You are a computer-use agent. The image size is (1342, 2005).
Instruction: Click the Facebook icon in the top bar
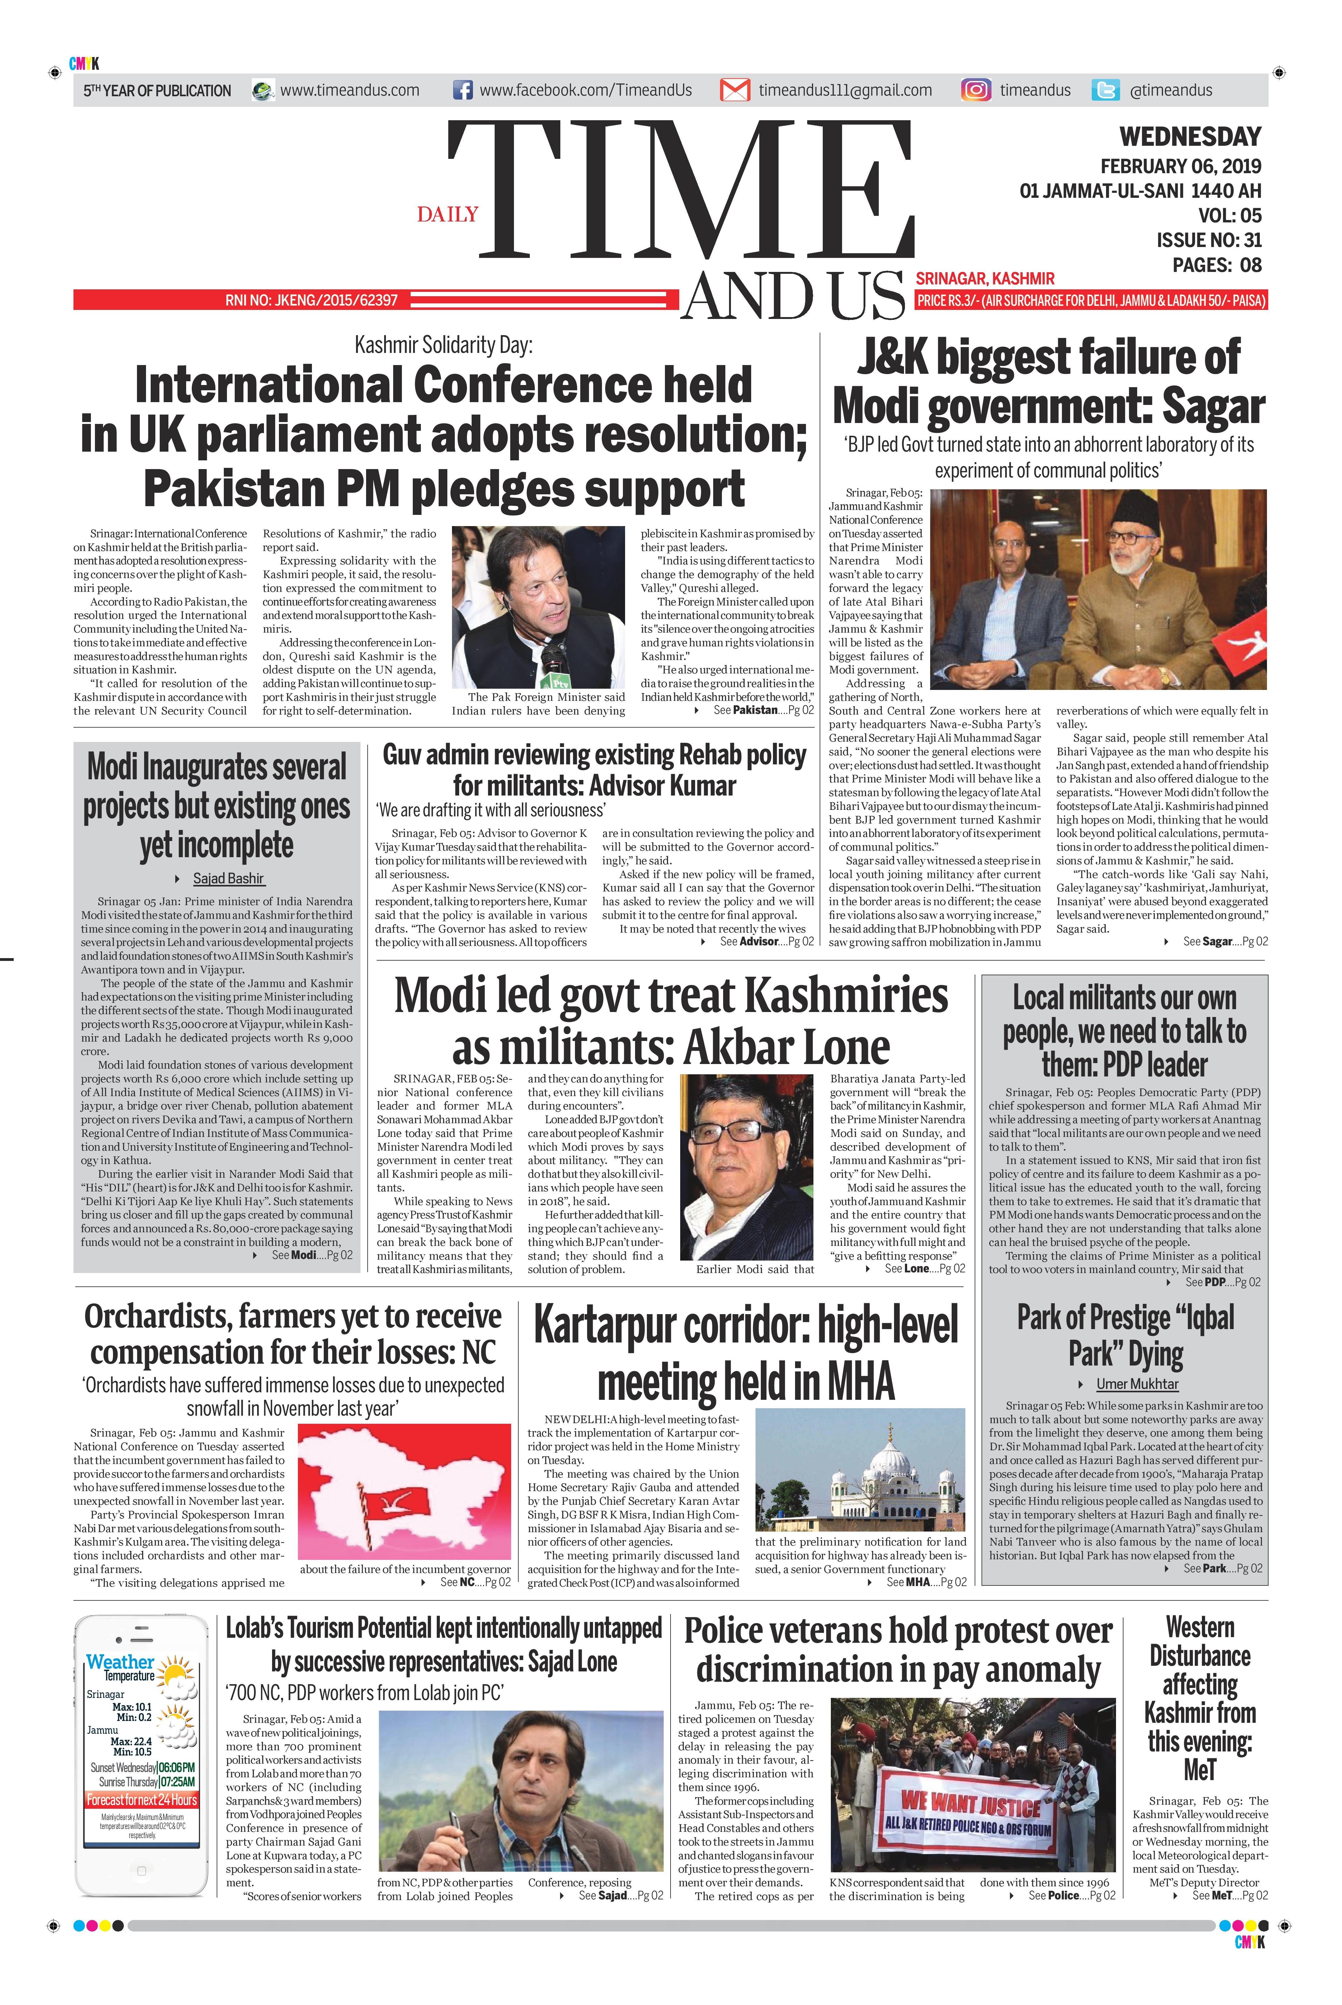pos(462,90)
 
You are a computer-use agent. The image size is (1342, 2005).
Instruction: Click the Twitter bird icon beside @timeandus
pos(1106,90)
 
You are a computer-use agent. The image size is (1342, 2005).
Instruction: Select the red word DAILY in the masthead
pos(448,214)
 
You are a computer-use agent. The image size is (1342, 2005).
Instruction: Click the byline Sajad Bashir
pos(228,878)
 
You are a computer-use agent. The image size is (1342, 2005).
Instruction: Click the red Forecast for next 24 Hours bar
pos(142,1799)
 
